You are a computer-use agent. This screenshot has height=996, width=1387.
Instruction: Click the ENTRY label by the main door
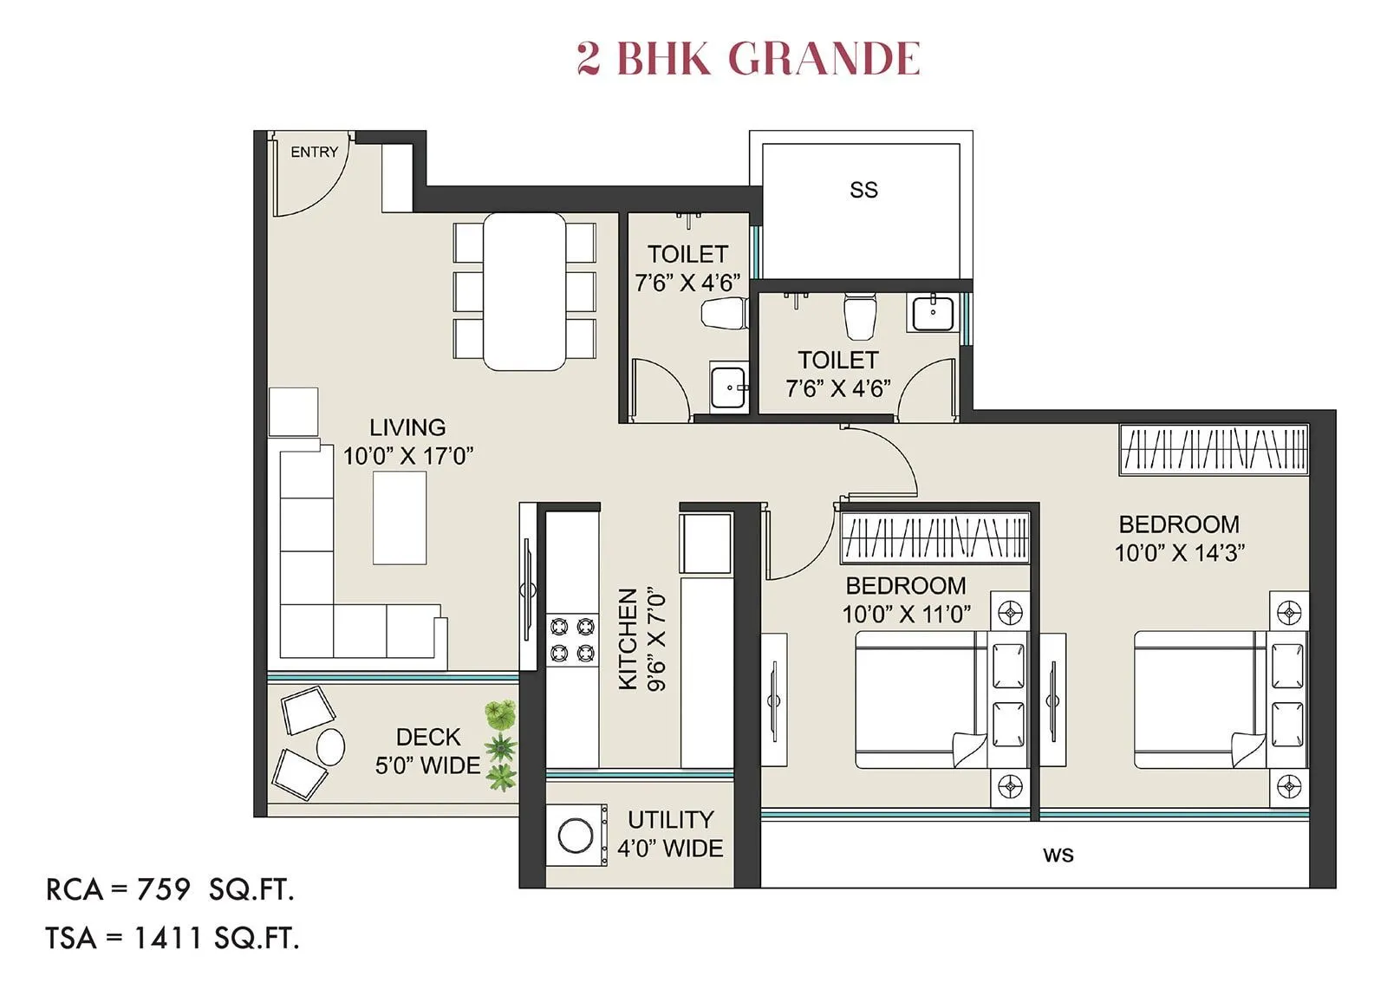click(x=314, y=152)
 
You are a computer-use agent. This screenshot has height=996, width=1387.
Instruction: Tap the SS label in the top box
click(x=863, y=190)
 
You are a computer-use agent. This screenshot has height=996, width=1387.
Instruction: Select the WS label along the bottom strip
click(x=1058, y=855)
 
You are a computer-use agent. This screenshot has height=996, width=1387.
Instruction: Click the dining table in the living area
click(x=524, y=291)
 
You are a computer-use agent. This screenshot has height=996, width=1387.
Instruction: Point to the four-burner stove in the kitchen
click(x=572, y=639)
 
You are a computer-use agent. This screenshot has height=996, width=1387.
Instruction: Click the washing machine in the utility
click(x=576, y=835)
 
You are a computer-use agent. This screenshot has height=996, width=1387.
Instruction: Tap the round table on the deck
click(x=330, y=746)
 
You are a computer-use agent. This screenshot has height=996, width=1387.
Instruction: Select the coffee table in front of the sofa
click(x=400, y=518)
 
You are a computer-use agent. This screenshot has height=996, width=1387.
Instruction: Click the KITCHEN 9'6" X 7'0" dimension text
click(x=642, y=639)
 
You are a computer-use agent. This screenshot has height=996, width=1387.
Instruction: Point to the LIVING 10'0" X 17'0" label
click(x=407, y=441)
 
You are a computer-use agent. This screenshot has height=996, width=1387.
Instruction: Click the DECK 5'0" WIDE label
click(x=427, y=751)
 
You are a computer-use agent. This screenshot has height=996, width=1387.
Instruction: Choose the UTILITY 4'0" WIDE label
click(x=670, y=833)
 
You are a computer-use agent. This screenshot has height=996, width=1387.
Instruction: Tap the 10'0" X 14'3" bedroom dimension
click(x=1179, y=553)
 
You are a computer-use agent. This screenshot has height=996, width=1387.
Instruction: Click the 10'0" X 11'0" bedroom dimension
click(x=906, y=614)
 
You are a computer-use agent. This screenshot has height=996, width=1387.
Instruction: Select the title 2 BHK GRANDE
click(x=747, y=58)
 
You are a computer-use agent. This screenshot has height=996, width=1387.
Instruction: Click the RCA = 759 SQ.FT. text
click(x=170, y=889)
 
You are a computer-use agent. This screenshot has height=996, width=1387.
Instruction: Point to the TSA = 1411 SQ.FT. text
click(x=173, y=937)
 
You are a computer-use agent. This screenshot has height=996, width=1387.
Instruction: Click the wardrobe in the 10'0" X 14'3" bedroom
click(x=1214, y=449)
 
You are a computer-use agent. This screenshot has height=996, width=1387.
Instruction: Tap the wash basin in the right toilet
click(x=933, y=312)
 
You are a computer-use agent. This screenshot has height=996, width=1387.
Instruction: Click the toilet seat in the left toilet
click(x=723, y=313)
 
